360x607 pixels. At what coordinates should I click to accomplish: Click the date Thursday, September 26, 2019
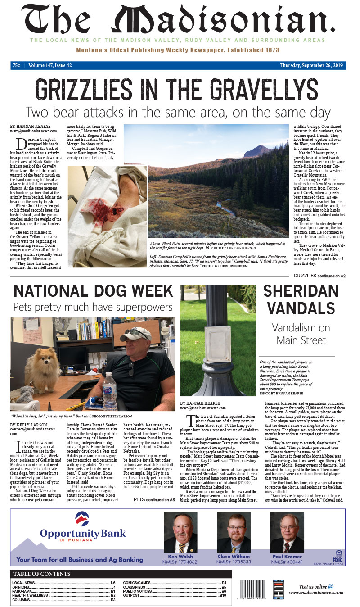pyautogui.click(x=311, y=65)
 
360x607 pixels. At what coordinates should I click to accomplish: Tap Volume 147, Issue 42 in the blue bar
pyautogui.click(x=50, y=65)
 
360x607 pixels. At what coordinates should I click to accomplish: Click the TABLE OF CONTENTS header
pyautogui.click(x=42, y=574)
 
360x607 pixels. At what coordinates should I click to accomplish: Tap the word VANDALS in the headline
pyautogui.click(x=299, y=308)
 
